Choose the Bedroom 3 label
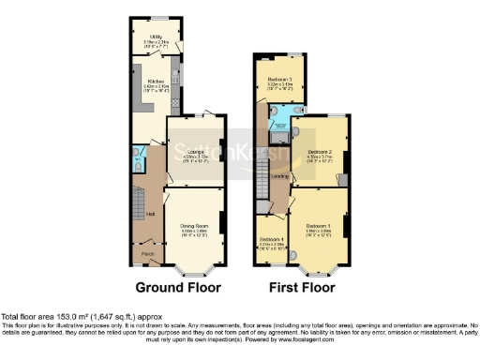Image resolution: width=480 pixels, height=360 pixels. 280,80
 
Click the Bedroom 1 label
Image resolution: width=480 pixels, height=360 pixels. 317,226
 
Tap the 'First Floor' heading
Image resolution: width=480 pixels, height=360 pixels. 301,287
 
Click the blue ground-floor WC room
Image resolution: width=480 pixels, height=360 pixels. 138,161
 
